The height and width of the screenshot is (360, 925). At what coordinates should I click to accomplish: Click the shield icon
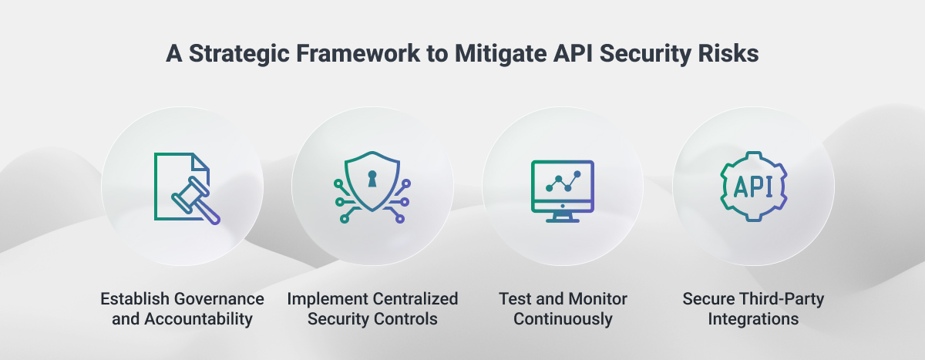pyautogui.click(x=373, y=185)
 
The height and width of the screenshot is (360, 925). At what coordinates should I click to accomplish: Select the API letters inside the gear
pyautogui.click(x=753, y=186)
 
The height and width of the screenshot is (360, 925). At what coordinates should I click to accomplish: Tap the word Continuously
pyautogui.click(x=563, y=318)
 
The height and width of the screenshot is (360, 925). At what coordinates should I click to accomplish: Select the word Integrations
pyautogui.click(x=754, y=318)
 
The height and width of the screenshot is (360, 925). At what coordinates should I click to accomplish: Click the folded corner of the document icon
pyautogui.click(x=201, y=162)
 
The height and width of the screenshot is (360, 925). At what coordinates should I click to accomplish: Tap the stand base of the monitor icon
pyautogui.click(x=563, y=220)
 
